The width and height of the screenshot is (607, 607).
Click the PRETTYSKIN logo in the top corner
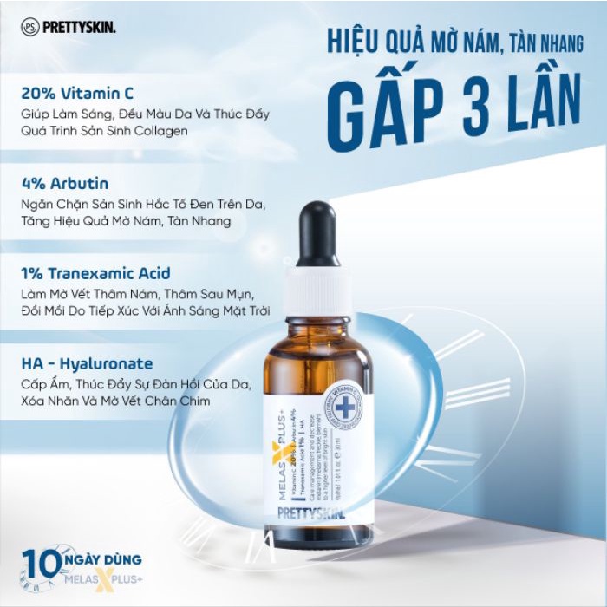click(69, 27)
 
